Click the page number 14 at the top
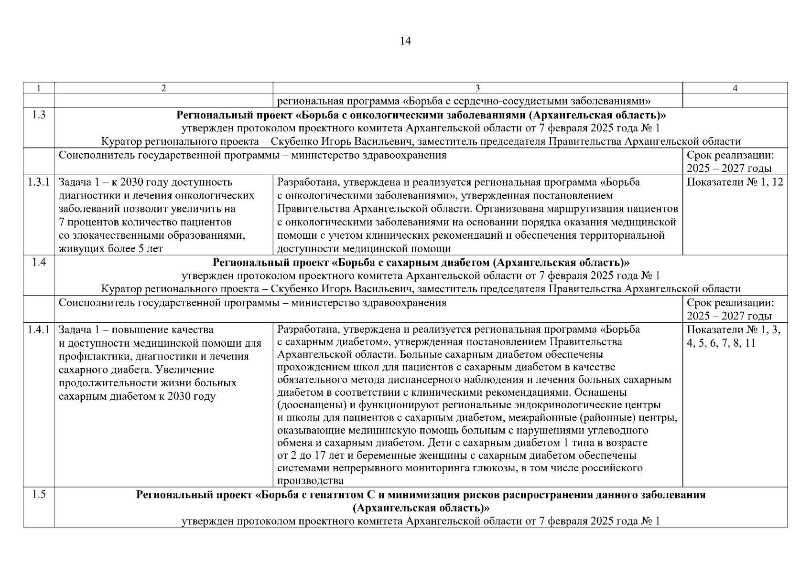[x=405, y=42]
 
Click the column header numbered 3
[x=477, y=88]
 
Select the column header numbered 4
[x=735, y=88]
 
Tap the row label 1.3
[x=39, y=115]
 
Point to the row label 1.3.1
[x=39, y=182]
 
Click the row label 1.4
[x=39, y=262]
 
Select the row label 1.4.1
[x=39, y=329]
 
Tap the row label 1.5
[x=39, y=494]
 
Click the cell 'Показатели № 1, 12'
[x=735, y=182]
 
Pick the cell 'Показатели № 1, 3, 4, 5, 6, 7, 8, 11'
[x=734, y=336]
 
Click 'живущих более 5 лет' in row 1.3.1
[x=110, y=249]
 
